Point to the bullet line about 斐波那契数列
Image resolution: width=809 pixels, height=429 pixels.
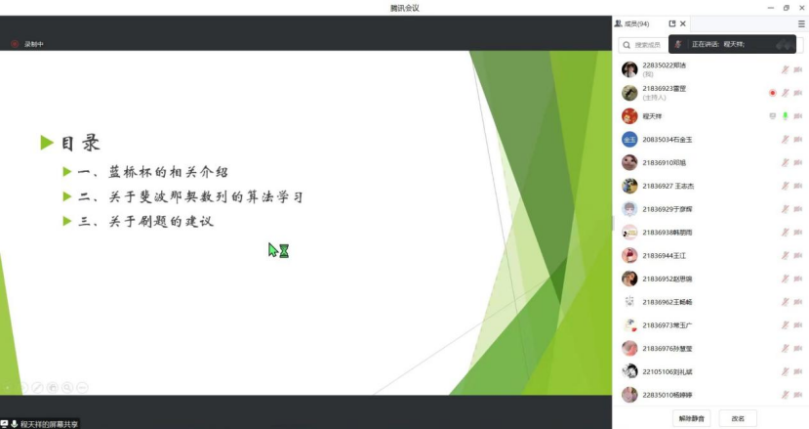pyautogui.click(x=190, y=197)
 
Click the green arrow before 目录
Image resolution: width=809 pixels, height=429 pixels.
pyautogui.click(x=46, y=144)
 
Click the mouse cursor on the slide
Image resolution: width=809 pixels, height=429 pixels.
pyautogui.click(x=274, y=249)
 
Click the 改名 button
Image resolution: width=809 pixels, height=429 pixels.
pyautogui.click(x=738, y=418)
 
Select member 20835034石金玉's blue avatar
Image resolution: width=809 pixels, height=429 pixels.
pyautogui.click(x=629, y=140)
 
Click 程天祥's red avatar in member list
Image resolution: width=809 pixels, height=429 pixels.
pyautogui.click(x=629, y=116)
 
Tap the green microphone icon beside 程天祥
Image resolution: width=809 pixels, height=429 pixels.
pyautogui.click(x=785, y=116)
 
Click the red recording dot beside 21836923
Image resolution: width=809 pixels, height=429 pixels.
pyautogui.click(x=772, y=93)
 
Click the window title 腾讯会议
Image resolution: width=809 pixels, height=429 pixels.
pyautogui.click(x=404, y=8)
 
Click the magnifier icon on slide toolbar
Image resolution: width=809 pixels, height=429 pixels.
pyautogui.click(x=67, y=387)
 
